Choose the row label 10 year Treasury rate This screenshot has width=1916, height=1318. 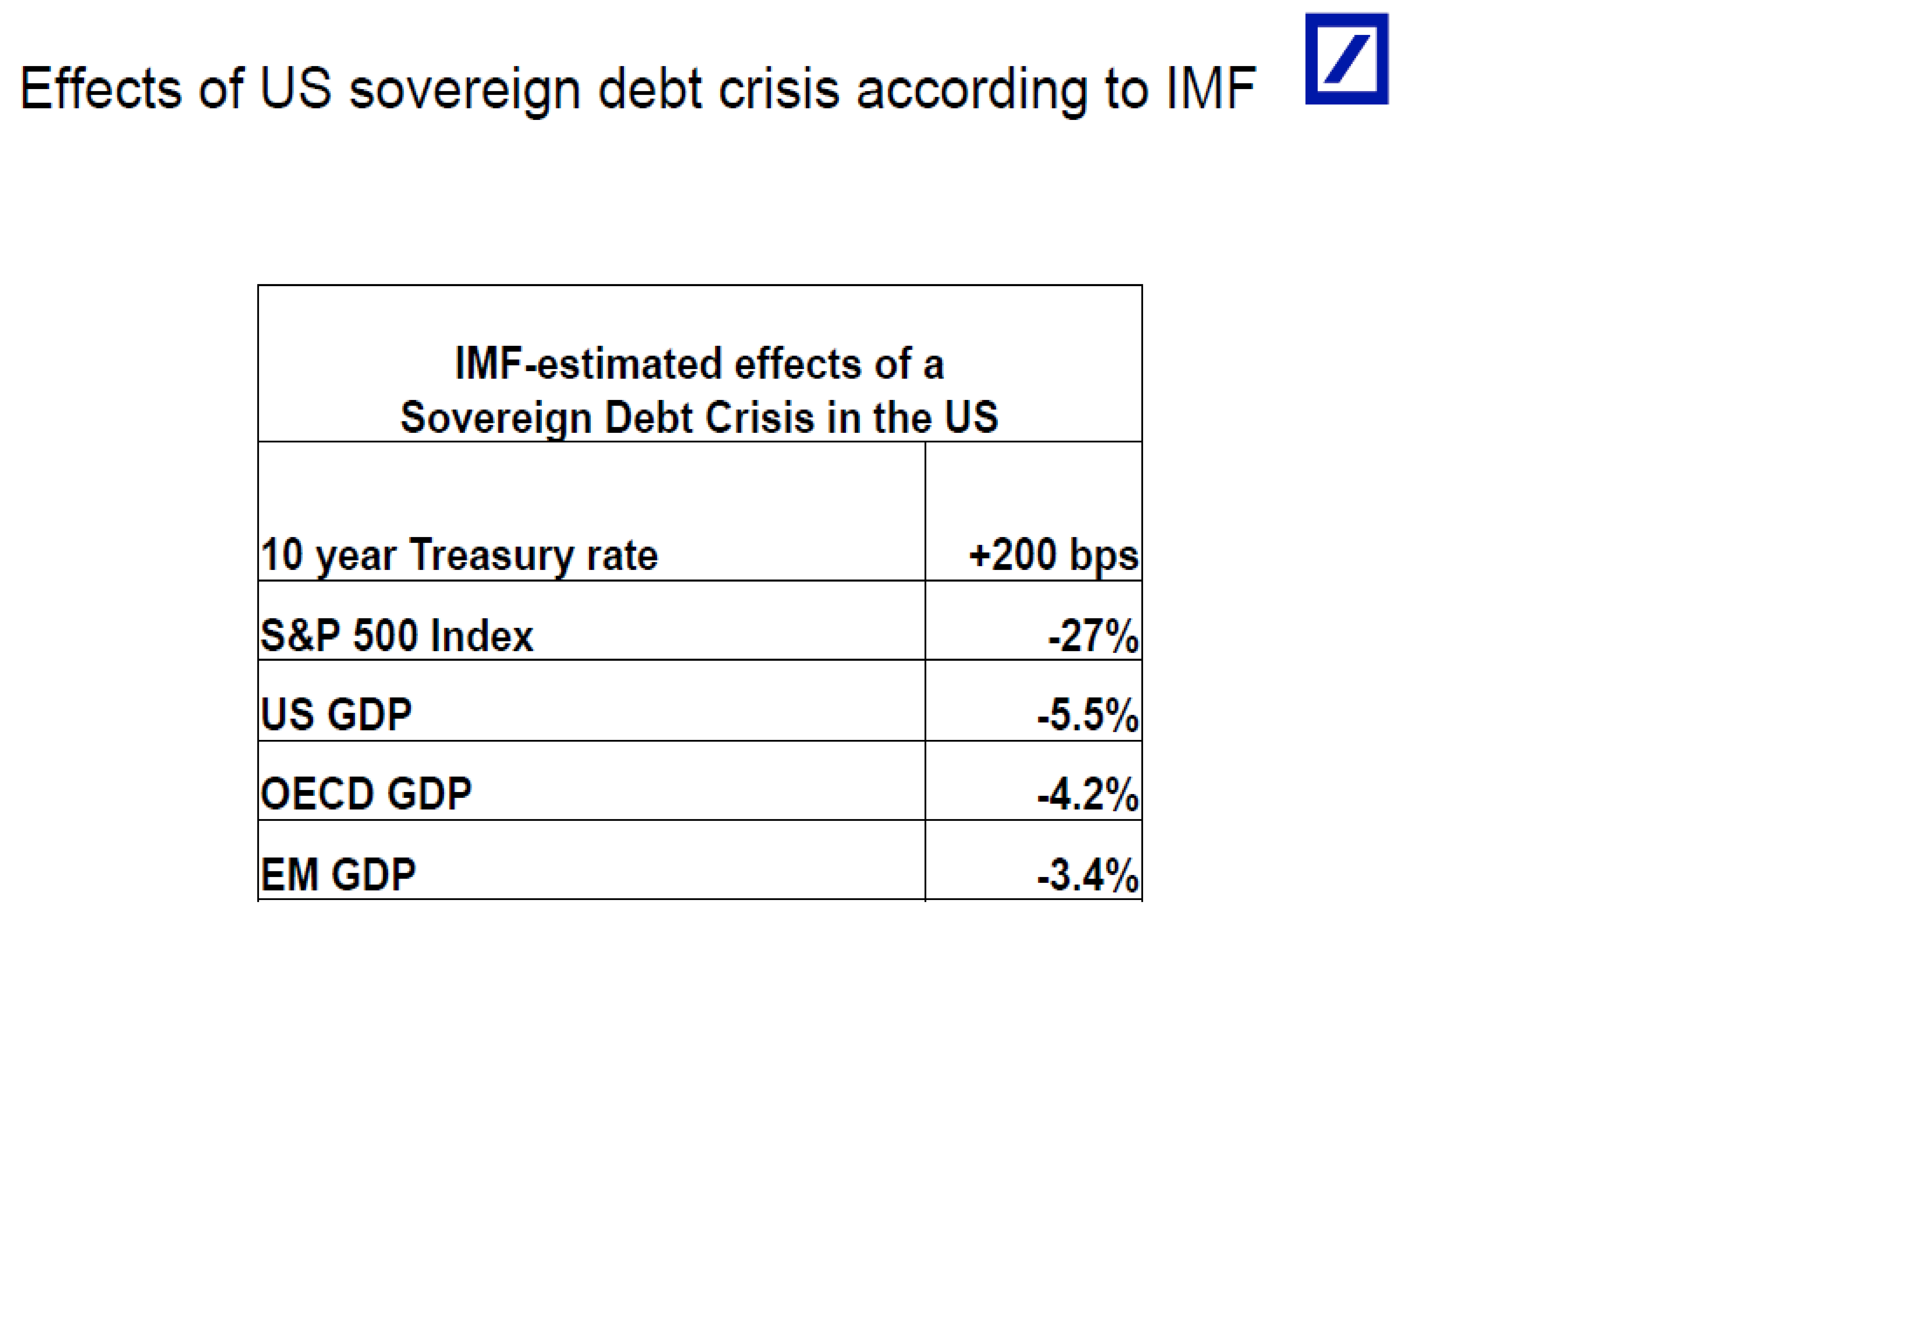tap(459, 555)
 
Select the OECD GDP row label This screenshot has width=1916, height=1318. tap(366, 794)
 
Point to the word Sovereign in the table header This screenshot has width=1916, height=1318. tap(495, 418)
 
